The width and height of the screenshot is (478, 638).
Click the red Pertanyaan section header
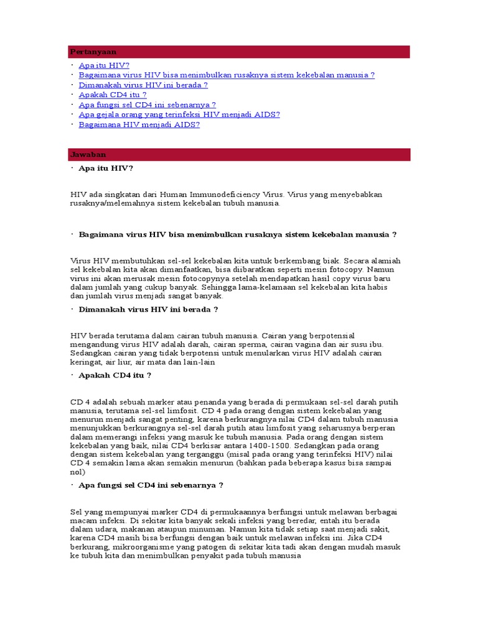[239, 52]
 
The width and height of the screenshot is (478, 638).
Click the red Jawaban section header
[239, 155]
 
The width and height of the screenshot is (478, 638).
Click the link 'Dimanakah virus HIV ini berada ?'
[143, 85]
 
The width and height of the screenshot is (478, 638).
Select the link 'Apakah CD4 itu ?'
[113, 95]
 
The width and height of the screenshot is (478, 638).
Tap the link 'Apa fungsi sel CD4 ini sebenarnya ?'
[148, 105]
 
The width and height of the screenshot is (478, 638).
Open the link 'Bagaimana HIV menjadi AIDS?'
[139, 125]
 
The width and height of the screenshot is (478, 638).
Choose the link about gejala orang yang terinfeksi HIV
[179, 115]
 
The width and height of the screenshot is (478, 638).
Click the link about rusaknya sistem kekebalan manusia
[227, 75]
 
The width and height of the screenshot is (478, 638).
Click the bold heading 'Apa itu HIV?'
[106, 168]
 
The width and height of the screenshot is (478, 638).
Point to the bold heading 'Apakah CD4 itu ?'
[115, 375]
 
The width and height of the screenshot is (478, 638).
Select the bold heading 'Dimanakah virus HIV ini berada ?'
[148, 309]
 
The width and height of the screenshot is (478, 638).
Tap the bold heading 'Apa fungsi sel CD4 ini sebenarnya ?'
[151, 485]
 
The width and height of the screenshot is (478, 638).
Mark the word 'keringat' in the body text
[87, 361]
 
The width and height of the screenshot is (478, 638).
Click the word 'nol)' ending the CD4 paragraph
[77, 472]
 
